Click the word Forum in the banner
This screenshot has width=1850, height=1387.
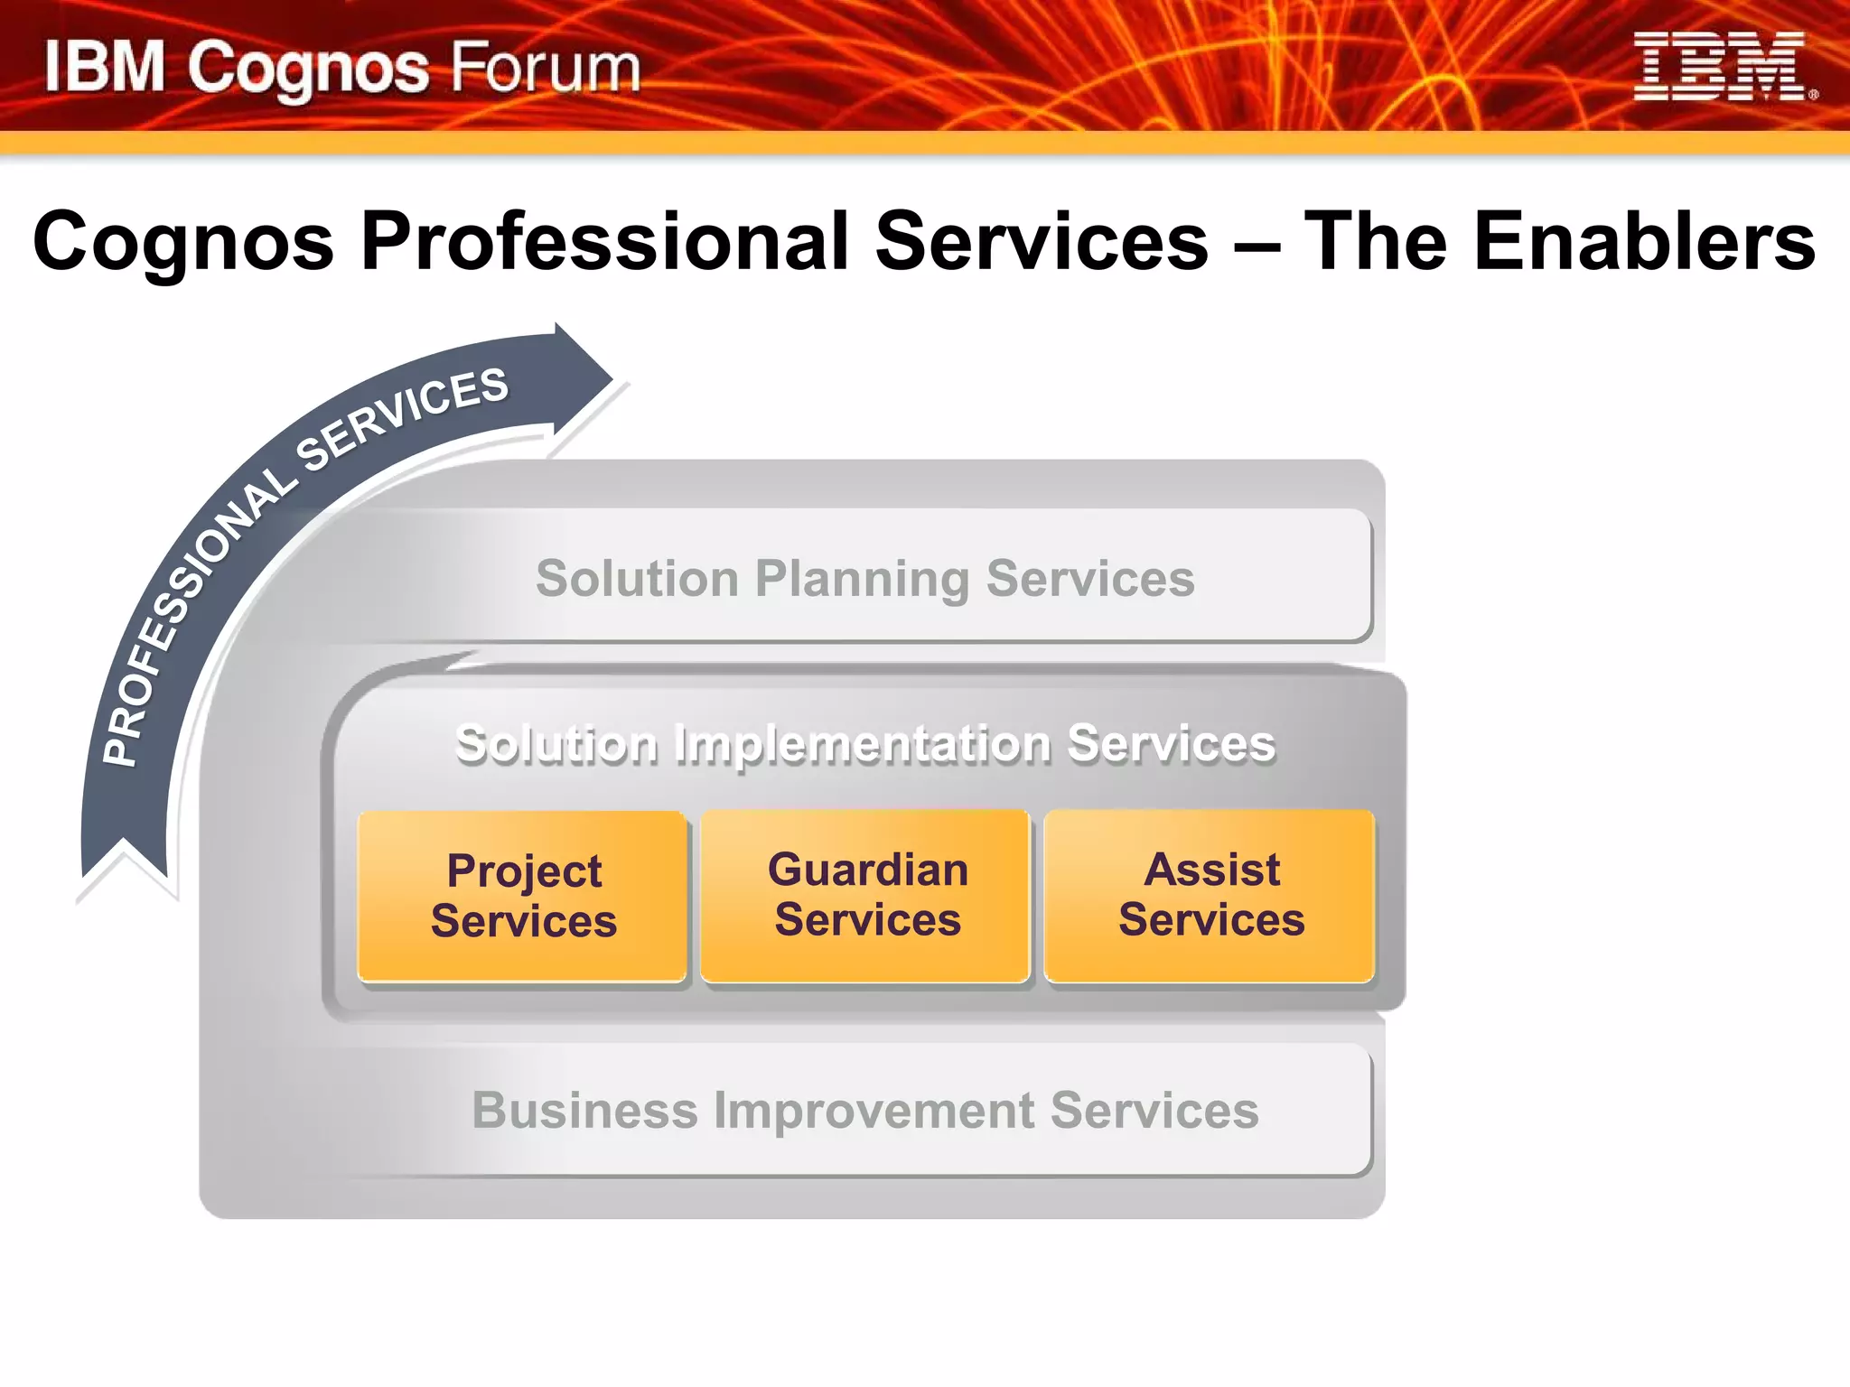pos(545,68)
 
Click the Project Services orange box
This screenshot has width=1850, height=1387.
pos(523,896)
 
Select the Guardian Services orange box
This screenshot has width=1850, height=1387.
pos(866,896)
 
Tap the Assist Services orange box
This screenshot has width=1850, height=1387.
pos(1210,896)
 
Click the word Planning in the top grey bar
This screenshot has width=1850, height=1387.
pos(862,579)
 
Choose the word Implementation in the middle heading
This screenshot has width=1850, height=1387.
pos(863,744)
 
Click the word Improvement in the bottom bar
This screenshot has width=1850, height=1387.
pos(874,1110)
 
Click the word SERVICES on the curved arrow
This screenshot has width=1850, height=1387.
pos(402,420)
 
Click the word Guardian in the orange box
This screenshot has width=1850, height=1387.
pos(867,870)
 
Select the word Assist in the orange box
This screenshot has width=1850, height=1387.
pos(1211,870)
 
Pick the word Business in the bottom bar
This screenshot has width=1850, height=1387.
pos(584,1110)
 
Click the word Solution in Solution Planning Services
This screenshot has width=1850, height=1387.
pos(637,579)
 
